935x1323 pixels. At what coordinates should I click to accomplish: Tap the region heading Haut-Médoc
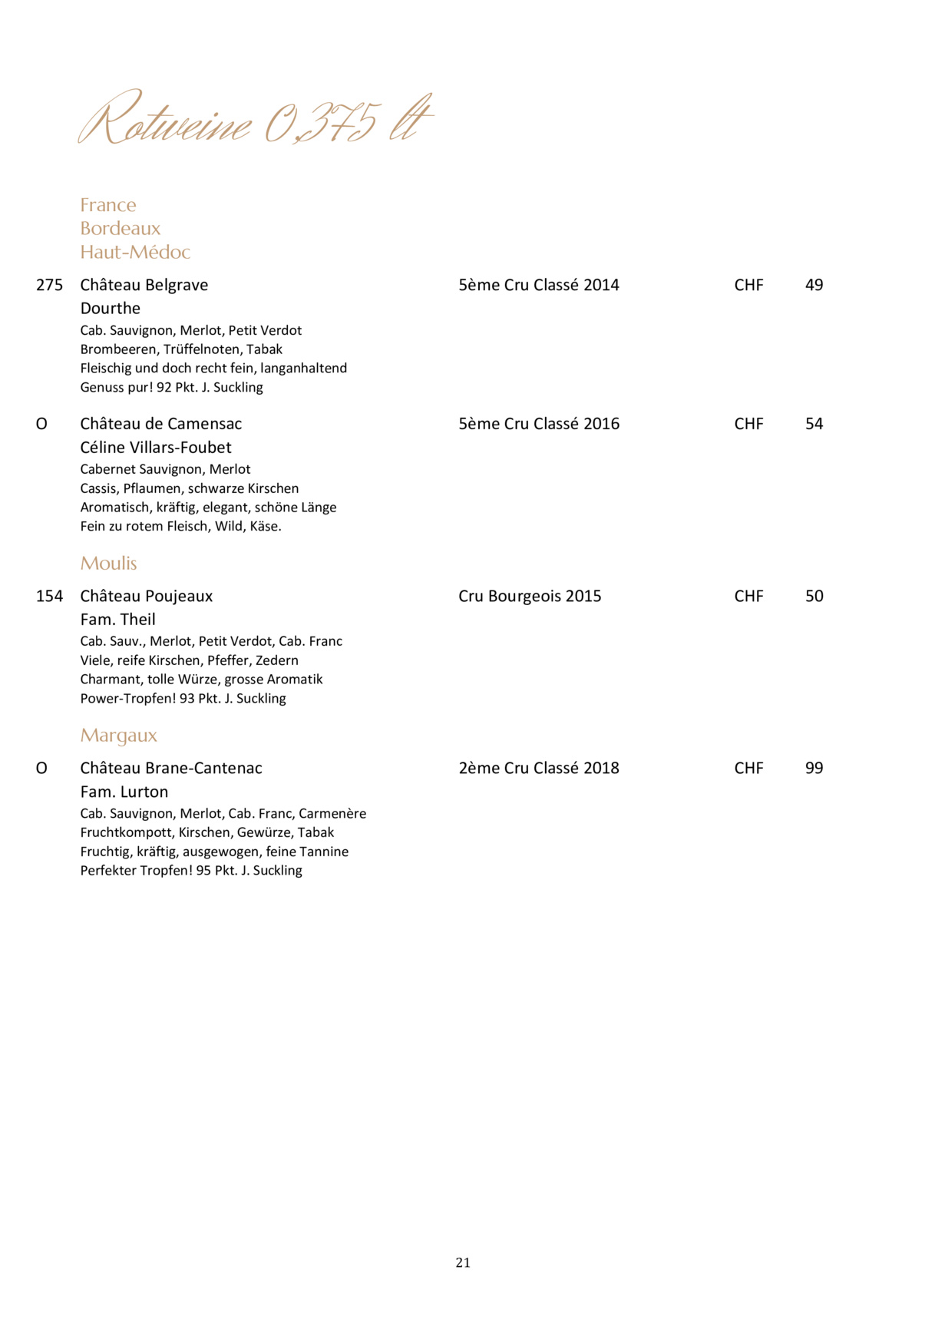pyautogui.click(x=135, y=252)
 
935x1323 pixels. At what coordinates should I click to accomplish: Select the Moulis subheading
pyautogui.click(x=108, y=563)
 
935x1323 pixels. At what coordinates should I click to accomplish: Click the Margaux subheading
pyautogui.click(x=118, y=736)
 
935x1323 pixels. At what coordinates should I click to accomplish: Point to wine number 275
pyautogui.click(x=49, y=285)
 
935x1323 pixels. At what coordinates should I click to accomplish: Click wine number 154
pyautogui.click(x=49, y=596)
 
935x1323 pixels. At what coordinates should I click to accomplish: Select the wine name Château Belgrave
pyautogui.click(x=144, y=285)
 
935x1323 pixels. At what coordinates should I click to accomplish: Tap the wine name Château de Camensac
pyautogui.click(x=161, y=424)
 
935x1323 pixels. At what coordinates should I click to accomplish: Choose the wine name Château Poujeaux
pyautogui.click(x=147, y=596)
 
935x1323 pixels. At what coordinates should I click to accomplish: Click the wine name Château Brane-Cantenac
pyautogui.click(x=171, y=768)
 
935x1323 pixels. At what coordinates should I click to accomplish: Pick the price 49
pyautogui.click(x=814, y=285)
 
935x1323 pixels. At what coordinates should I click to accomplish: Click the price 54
pyautogui.click(x=814, y=424)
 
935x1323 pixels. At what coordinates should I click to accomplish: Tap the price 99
pyautogui.click(x=814, y=768)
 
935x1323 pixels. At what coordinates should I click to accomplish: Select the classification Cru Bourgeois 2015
pyautogui.click(x=530, y=596)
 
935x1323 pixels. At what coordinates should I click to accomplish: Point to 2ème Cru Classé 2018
pyautogui.click(x=539, y=768)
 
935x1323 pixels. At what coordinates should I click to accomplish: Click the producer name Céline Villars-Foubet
pyautogui.click(x=156, y=448)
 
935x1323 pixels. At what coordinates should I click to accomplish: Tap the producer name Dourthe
pyautogui.click(x=111, y=309)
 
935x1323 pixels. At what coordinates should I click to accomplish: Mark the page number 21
pyautogui.click(x=463, y=1262)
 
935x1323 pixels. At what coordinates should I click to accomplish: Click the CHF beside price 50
pyautogui.click(x=748, y=596)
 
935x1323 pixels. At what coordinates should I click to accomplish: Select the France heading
pyautogui.click(x=108, y=205)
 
